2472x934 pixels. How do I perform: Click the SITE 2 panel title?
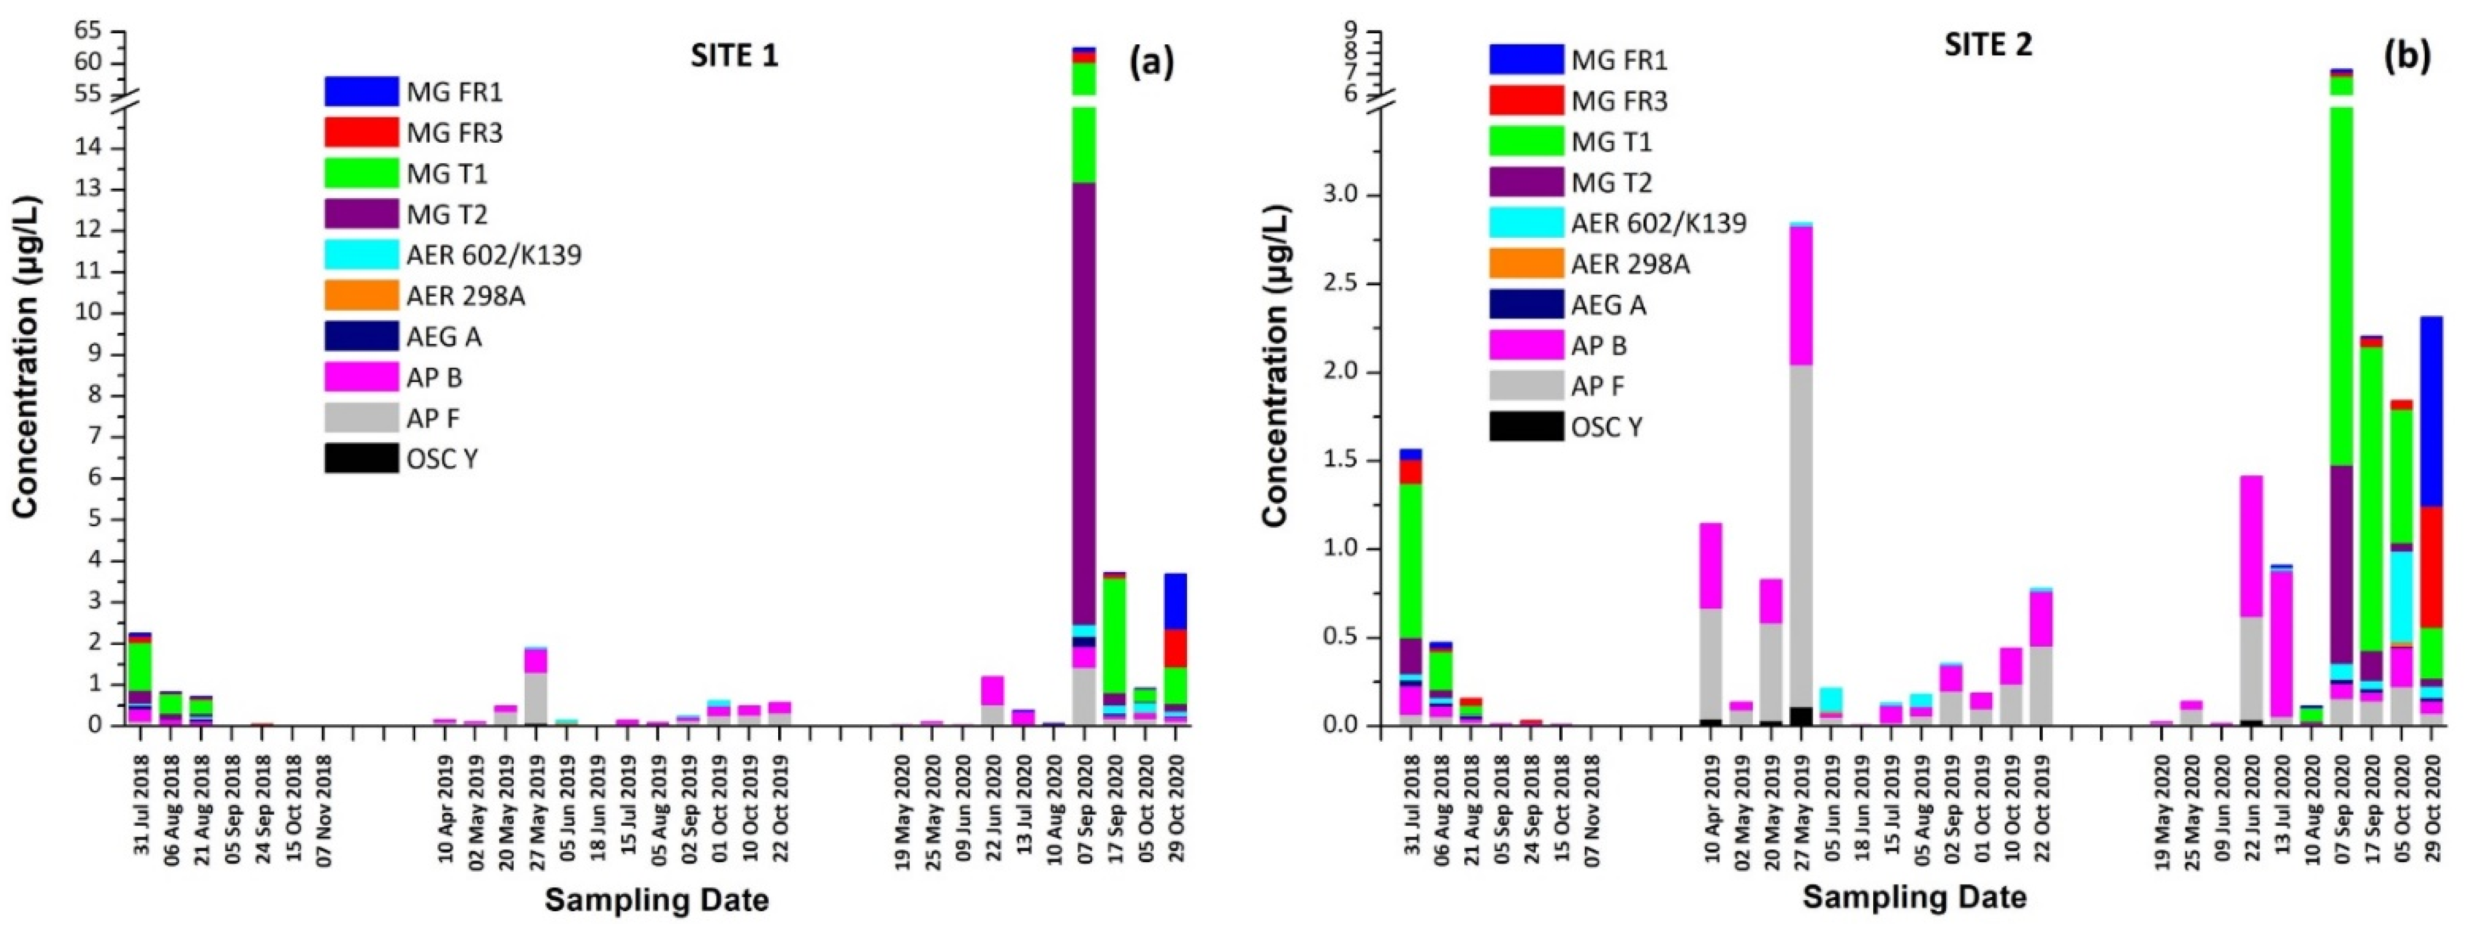[1987, 45]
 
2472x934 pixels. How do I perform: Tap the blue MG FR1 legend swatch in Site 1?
[361, 92]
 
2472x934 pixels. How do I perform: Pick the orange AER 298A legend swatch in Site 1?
[361, 295]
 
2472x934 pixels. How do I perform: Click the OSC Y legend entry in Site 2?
[1605, 427]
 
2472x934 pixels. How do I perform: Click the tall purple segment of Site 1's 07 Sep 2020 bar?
[1083, 403]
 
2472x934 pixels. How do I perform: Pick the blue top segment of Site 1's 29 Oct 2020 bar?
[1175, 601]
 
